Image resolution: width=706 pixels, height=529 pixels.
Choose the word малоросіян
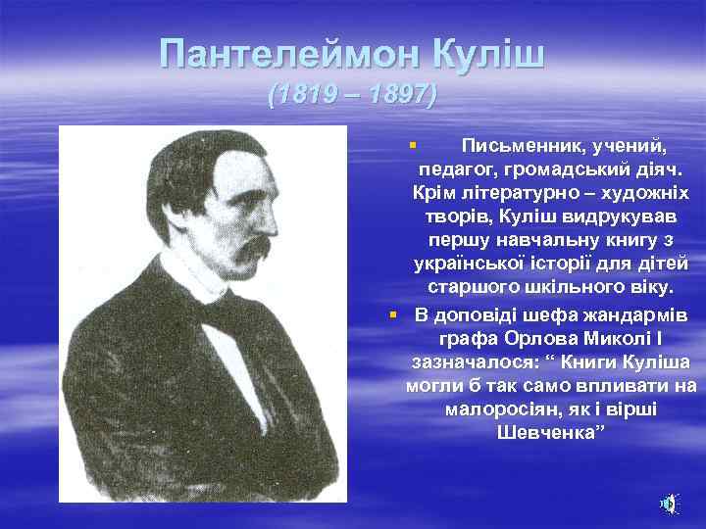496,409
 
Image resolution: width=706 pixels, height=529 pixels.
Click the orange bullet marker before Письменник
413,145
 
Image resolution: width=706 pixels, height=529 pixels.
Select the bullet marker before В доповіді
392,314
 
